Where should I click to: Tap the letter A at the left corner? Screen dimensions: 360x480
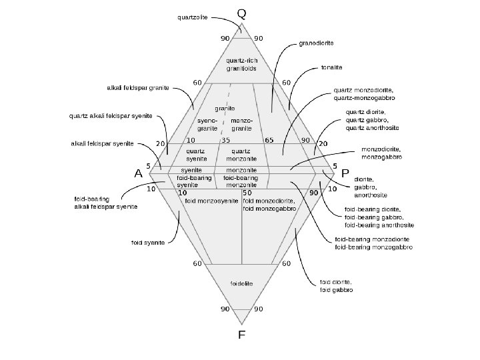click(x=139, y=173)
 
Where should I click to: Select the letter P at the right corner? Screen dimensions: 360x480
click(x=345, y=173)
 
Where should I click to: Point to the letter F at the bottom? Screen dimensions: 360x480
click(x=241, y=335)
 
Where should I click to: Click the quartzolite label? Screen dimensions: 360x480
click(x=192, y=18)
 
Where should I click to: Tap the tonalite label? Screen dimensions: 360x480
click(x=332, y=67)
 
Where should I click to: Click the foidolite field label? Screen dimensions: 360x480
click(x=240, y=283)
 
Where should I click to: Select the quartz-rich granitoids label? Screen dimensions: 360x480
click(x=241, y=64)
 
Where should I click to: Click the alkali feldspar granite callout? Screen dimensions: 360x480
click(x=138, y=87)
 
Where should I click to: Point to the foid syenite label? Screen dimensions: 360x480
click(x=148, y=242)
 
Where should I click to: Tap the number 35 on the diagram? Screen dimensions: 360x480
click(x=226, y=140)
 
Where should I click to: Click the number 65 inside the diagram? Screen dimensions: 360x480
click(x=269, y=140)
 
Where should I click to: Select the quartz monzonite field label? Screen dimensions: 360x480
click(x=241, y=155)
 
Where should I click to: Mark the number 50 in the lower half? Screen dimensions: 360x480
click(x=246, y=192)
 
